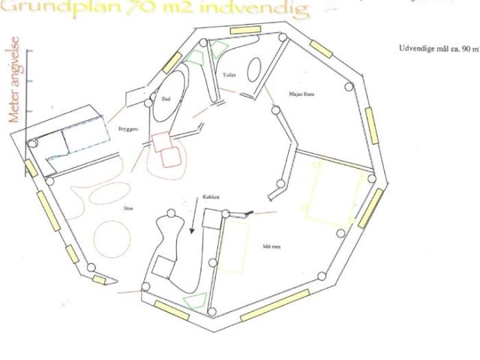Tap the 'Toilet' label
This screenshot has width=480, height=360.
pyautogui.click(x=229, y=76)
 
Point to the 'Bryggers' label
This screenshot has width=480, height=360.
pyautogui.click(x=128, y=129)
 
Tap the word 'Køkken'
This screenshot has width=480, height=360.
pyautogui.click(x=211, y=196)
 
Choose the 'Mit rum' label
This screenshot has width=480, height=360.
pyautogui.click(x=272, y=245)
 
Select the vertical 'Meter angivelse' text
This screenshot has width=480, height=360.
pyautogui.click(x=14, y=79)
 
